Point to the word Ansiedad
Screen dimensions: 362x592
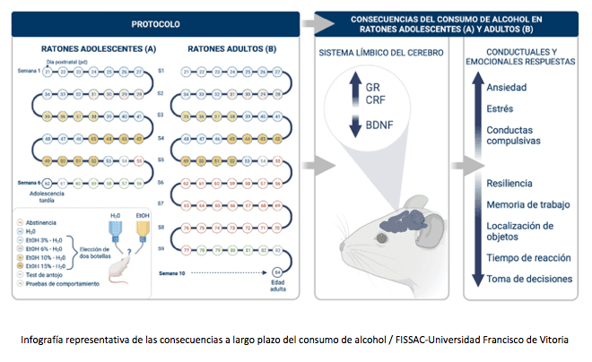(x=505, y=87)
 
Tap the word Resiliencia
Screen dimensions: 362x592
(x=509, y=183)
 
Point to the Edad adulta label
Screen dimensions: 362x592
(x=277, y=288)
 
